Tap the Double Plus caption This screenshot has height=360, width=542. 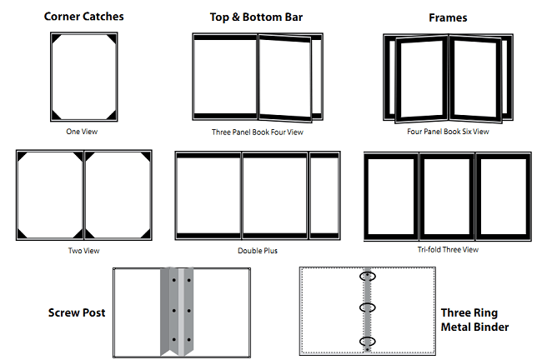click(x=258, y=250)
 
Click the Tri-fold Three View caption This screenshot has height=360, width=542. click(x=448, y=249)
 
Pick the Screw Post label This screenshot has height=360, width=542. click(x=77, y=313)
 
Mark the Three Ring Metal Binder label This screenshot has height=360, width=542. click(x=474, y=320)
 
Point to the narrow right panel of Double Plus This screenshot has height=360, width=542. click(x=324, y=196)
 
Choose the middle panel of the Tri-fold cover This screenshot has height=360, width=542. click(x=446, y=196)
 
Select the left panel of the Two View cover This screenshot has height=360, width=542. click(x=50, y=196)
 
